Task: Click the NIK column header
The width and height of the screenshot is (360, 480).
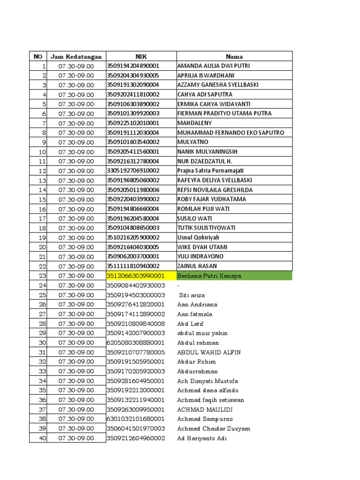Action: [x=141, y=57]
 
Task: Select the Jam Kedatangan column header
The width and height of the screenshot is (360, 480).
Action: [x=76, y=57]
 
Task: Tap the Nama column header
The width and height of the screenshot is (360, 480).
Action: [x=234, y=57]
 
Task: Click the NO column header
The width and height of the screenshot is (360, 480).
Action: [x=38, y=57]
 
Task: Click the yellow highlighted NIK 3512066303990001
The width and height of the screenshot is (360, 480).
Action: [x=136, y=276]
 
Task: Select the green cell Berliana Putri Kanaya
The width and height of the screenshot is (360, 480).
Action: [x=209, y=276]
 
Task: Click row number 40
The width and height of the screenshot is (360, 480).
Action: [x=42, y=438]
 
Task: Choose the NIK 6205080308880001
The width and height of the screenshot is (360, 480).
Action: [x=136, y=343]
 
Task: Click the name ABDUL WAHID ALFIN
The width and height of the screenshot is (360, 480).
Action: [x=209, y=352]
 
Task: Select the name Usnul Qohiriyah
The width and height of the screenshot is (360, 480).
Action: [x=198, y=238]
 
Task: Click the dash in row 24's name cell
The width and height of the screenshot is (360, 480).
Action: [x=179, y=285]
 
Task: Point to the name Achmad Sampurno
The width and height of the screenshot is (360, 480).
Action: [x=205, y=419]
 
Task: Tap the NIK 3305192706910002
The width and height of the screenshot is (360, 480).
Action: [x=134, y=171]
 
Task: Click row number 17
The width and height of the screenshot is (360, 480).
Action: [x=42, y=218]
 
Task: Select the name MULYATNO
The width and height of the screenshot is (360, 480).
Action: [x=193, y=142]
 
